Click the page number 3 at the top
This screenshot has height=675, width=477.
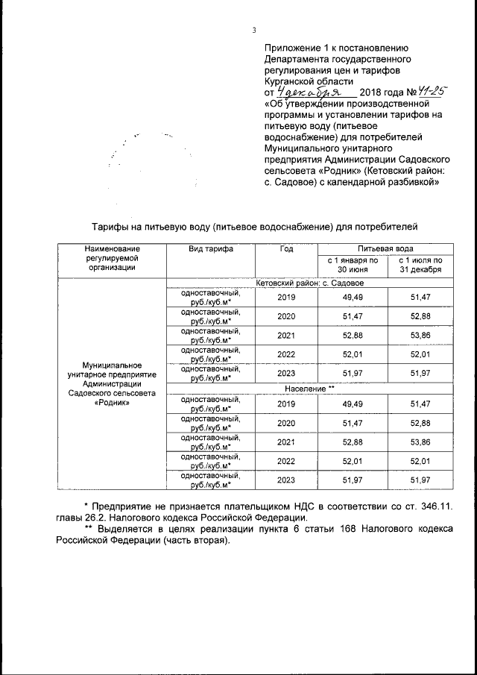[253, 31]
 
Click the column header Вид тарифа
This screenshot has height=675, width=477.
[210, 249]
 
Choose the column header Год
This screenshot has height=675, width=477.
[286, 249]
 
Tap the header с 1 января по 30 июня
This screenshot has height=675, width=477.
[353, 265]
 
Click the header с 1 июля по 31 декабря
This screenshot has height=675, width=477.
[421, 265]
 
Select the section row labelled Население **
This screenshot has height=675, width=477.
[309, 389]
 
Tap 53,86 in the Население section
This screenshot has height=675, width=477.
[421, 443]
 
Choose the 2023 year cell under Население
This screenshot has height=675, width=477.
[286, 481]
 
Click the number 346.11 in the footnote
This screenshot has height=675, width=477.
[434, 506]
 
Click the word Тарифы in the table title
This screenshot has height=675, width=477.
[110, 225]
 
